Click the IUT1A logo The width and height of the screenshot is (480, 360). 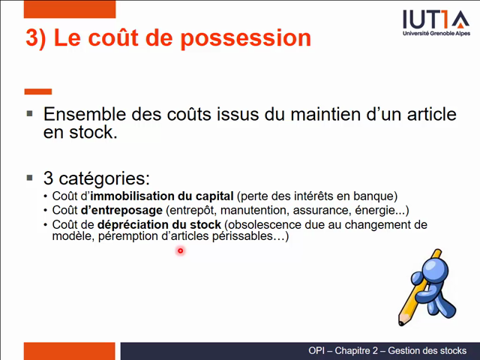tap(436, 19)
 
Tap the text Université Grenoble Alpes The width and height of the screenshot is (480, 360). tap(436, 34)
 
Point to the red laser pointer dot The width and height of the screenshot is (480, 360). tap(180, 251)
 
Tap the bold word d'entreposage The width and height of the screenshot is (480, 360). tap(121, 210)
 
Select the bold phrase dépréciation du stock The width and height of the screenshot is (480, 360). tap(159, 224)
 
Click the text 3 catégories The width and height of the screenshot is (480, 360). tap(97, 178)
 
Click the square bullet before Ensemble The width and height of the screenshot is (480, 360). tap(29, 114)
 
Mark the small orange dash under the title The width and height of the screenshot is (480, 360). tap(37, 91)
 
